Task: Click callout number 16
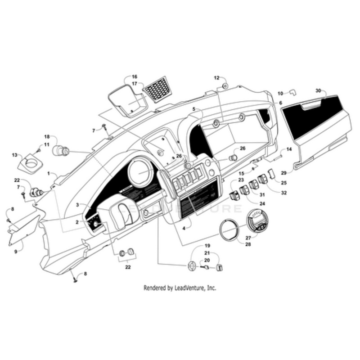pos(135,76)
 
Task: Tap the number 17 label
pos(135,84)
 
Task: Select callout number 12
pos(216,78)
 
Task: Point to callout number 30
pos(319,91)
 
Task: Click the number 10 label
pos(280,94)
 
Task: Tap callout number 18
pos(47,136)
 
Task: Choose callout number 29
pos(284,173)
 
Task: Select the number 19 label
pos(207,246)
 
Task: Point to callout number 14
pos(289,149)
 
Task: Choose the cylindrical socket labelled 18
pos(60,150)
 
